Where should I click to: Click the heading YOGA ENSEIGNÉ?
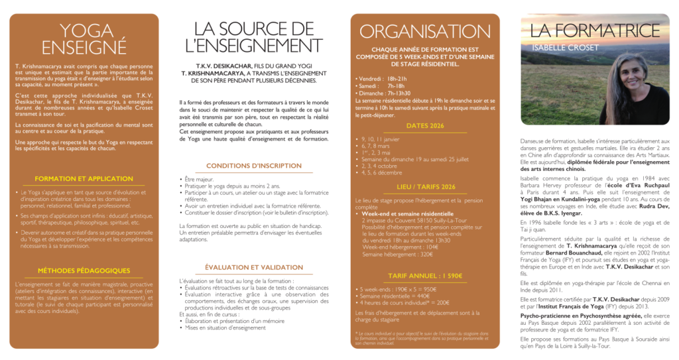[84, 38]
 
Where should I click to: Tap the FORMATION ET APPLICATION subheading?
[84, 179]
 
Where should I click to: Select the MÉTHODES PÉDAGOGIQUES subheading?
[84, 270]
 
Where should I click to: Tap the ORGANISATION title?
[425, 31]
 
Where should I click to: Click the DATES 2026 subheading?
[425, 125]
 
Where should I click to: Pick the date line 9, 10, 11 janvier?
[381, 139]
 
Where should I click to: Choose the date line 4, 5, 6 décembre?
[383, 172]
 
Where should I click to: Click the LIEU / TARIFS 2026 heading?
[425, 187]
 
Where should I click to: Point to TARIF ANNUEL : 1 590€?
[425, 275]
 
